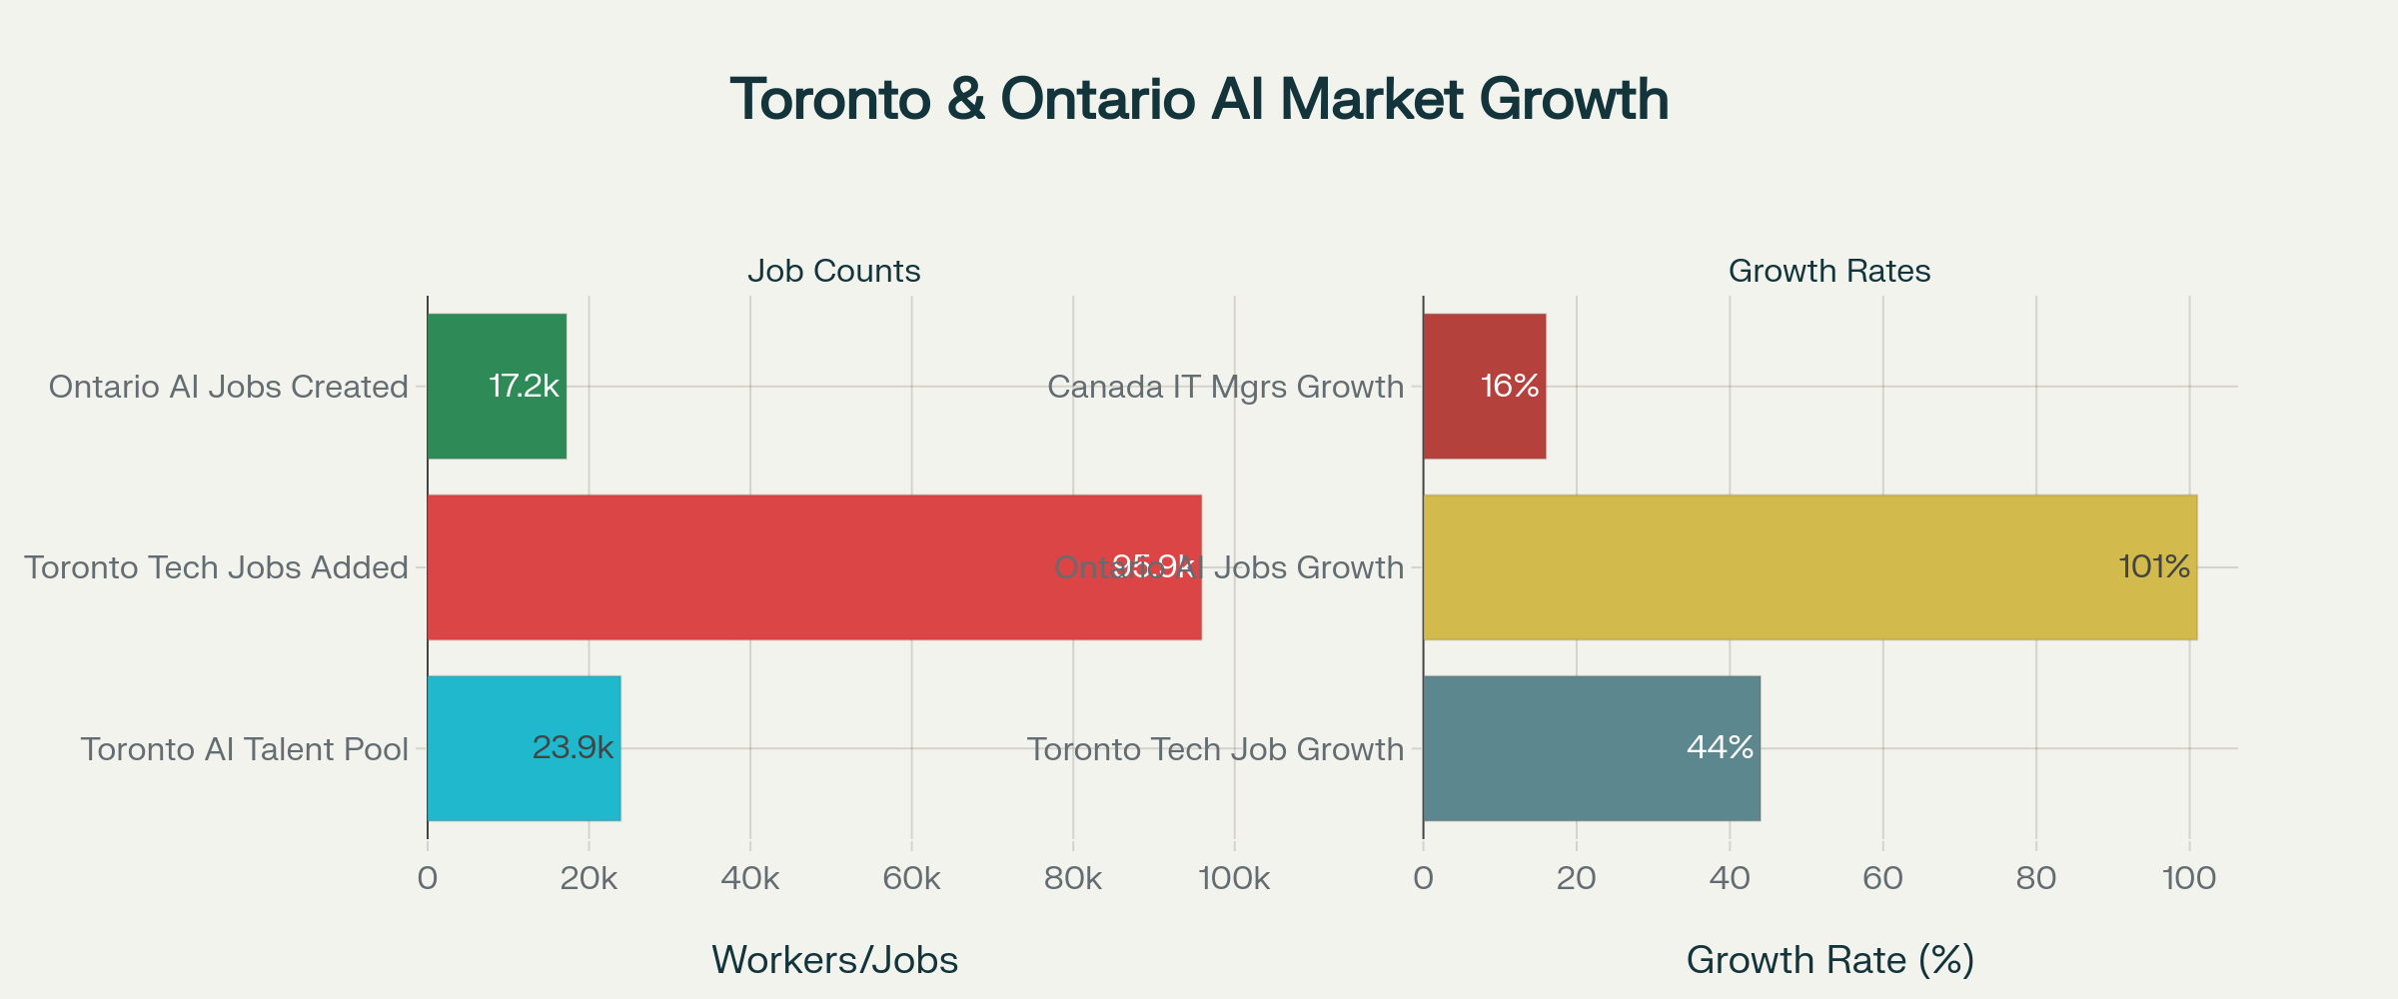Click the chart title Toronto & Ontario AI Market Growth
point(1199,99)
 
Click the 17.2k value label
point(524,387)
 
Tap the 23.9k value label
point(573,747)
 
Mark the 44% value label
point(1720,747)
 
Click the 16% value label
point(1509,387)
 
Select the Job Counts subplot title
point(833,271)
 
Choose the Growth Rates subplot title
point(1828,271)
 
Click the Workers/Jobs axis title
point(834,960)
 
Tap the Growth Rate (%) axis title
point(1829,960)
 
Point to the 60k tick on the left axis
point(911,879)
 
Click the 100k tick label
point(1234,879)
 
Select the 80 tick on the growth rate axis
point(2035,879)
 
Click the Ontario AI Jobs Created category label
point(229,387)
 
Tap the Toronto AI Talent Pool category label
point(245,749)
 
